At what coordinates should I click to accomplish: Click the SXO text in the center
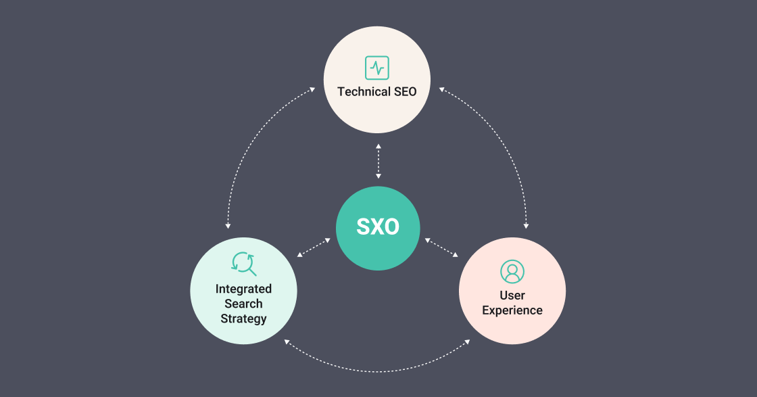[x=378, y=227]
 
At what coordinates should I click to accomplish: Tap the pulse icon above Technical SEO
[x=377, y=68]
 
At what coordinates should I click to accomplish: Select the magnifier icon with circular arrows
[x=243, y=264]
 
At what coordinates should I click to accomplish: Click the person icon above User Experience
[x=512, y=271]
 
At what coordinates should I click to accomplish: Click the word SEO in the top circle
[x=405, y=91]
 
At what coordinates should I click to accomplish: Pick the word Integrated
[x=243, y=289]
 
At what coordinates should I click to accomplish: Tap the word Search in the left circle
[x=243, y=304]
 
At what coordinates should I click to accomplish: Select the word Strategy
[x=243, y=319]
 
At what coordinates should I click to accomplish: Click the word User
[x=512, y=296]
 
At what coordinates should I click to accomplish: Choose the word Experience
[x=512, y=310]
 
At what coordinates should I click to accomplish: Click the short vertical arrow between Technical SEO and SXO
[x=378, y=162]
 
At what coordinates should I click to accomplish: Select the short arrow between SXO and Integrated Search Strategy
[x=314, y=247]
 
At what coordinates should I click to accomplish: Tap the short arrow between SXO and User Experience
[x=441, y=247]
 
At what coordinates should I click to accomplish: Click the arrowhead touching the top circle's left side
[x=314, y=89]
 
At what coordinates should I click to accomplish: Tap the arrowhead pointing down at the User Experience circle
[x=526, y=225]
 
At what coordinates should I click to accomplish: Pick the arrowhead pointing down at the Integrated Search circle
[x=228, y=225]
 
